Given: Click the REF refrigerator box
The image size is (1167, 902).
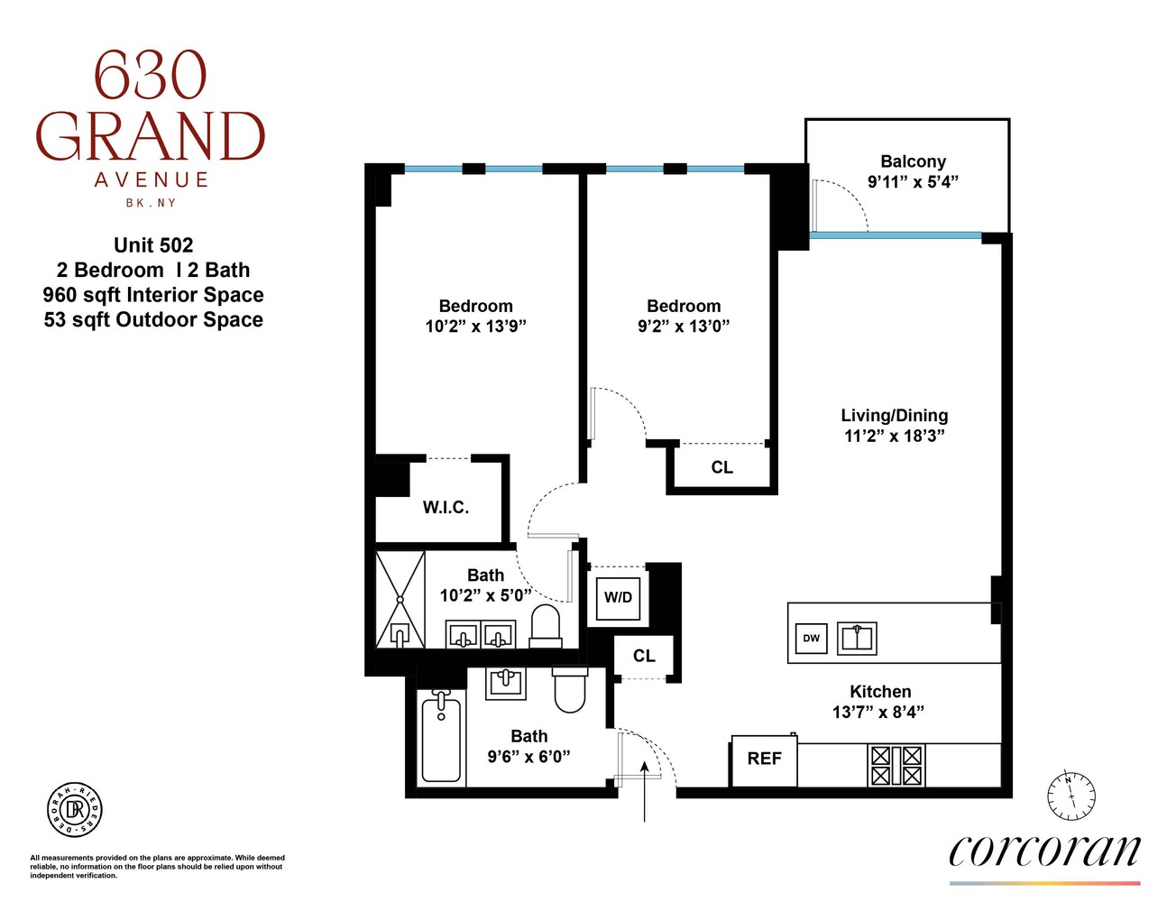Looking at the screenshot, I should click(763, 759).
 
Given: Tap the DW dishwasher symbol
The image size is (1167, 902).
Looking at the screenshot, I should click(811, 638).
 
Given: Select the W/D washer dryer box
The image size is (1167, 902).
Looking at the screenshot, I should click(618, 597).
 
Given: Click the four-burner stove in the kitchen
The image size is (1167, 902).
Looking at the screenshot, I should click(896, 766).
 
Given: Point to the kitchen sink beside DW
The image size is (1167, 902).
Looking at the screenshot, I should click(857, 638).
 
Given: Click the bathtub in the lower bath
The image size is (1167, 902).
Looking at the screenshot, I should click(441, 737).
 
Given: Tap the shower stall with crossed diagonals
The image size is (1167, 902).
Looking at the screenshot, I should click(400, 599).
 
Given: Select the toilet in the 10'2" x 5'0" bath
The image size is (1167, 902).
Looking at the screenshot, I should click(545, 626).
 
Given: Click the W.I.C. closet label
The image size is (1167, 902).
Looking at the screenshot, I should click(446, 508).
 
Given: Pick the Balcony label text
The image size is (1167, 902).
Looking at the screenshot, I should click(913, 161).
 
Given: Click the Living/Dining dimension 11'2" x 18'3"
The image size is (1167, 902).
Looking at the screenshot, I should click(894, 437).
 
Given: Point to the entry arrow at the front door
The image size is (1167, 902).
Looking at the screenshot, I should click(645, 789).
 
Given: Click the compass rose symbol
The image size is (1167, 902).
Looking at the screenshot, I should click(1071, 796).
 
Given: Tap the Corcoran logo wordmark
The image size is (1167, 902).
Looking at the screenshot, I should click(1044, 851).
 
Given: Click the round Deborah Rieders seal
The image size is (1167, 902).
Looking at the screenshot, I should click(74, 809).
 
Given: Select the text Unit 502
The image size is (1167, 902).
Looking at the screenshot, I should click(153, 245).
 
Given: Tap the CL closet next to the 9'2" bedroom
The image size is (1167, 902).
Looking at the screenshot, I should click(721, 467).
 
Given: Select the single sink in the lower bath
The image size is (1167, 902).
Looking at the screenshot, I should click(506, 683).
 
